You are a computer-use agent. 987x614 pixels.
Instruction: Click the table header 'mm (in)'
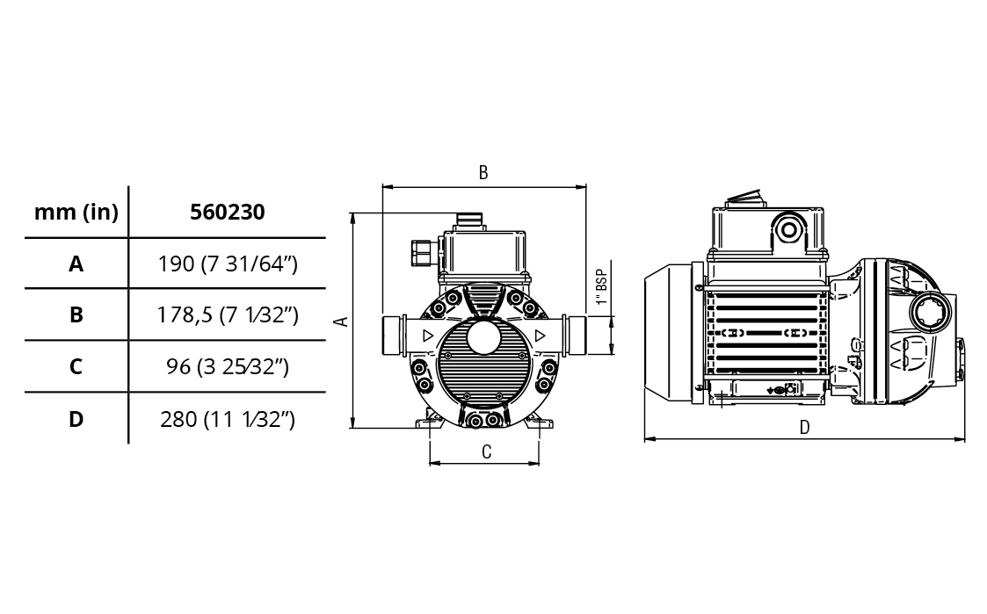pyautogui.click(x=76, y=212)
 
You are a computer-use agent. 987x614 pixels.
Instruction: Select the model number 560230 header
pyautogui.click(x=228, y=212)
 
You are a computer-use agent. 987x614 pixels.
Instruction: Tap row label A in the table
pyautogui.click(x=76, y=264)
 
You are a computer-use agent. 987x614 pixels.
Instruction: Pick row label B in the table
pyautogui.click(x=76, y=314)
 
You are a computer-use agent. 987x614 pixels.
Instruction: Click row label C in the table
pyautogui.click(x=76, y=366)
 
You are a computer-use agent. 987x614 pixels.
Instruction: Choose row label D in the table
pyautogui.click(x=76, y=419)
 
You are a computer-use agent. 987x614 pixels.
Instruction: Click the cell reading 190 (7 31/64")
pyautogui.click(x=228, y=264)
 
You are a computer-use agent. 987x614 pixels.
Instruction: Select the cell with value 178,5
pyautogui.click(x=228, y=314)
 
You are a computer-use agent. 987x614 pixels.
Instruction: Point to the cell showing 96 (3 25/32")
pyautogui.click(x=228, y=366)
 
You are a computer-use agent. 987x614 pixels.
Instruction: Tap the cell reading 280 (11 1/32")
pyautogui.click(x=228, y=419)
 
